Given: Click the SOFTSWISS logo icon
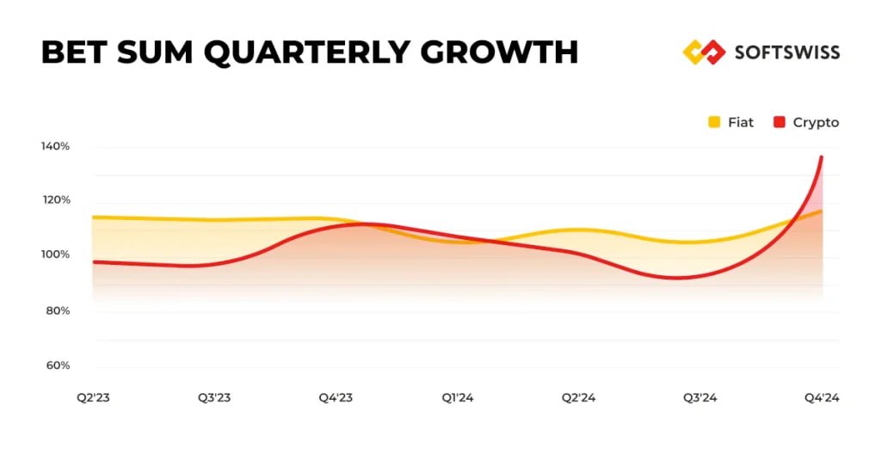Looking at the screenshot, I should (x=704, y=52).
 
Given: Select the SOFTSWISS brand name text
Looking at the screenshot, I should (x=786, y=52).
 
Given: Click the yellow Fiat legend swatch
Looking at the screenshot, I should (x=714, y=122).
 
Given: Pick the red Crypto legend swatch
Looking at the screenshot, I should (x=779, y=122).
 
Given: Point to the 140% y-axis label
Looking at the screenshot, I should (x=56, y=146).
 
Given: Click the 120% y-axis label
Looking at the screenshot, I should (x=56, y=200).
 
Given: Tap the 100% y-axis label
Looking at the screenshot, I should (x=56, y=255).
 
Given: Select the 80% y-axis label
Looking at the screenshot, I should (x=58, y=310).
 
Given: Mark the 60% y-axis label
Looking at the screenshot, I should (x=58, y=365).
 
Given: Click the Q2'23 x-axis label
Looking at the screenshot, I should (x=92, y=397).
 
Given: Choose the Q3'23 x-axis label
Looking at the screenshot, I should (x=214, y=397).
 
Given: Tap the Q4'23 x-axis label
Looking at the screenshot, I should (x=336, y=397).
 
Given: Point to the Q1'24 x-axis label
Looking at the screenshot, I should (x=458, y=397).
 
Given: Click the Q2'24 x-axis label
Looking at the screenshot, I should (x=579, y=397).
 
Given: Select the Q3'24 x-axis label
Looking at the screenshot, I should (x=700, y=397).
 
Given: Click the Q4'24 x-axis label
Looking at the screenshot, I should (x=822, y=397).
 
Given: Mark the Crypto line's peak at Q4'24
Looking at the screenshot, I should (x=822, y=157).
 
